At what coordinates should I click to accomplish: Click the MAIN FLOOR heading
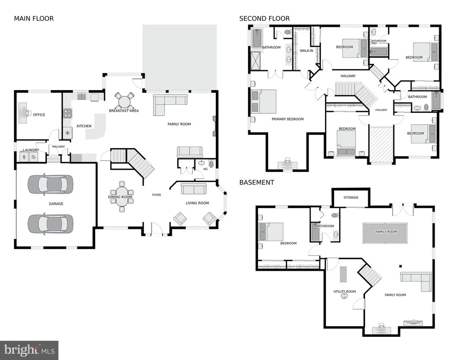pyautogui.click(x=34, y=19)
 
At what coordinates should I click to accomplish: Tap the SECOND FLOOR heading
pyautogui.click(x=264, y=19)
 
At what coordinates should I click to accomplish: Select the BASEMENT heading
pyautogui.click(x=257, y=183)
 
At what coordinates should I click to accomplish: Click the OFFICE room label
pyautogui.click(x=39, y=115)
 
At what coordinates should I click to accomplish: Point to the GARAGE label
pyautogui.click(x=56, y=203)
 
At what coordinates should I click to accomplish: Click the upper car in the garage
pyautogui.click(x=50, y=184)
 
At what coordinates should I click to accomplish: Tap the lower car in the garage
pyautogui.click(x=50, y=223)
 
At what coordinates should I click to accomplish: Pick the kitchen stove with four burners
pyautogui.click(x=67, y=114)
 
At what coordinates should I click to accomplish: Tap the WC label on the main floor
pyautogui.click(x=206, y=169)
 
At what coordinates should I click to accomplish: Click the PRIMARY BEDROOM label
pyautogui.click(x=288, y=119)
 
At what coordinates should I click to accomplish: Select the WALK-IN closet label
pyautogui.click(x=306, y=51)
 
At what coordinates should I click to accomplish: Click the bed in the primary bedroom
pyautogui.click(x=263, y=101)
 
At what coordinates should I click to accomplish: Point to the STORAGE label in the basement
pyautogui.click(x=351, y=198)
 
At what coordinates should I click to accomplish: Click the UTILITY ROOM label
pyautogui.click(x=345, y=292)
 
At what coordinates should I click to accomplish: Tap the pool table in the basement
pyautogui.click(x=386, y=233)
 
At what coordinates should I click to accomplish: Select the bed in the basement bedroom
pyautogui.click(x=271, y=232)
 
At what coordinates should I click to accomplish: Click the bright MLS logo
pyautogui.click(x=29, y=350)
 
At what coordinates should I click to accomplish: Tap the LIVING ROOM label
pyautogui.click(x=198, y=203)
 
